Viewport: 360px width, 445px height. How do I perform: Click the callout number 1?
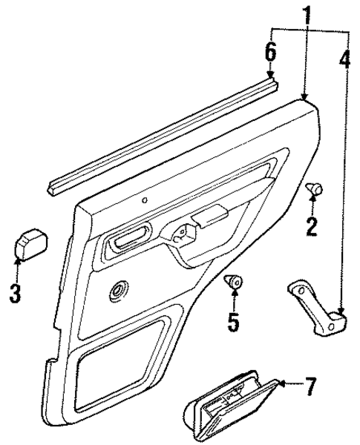coord(305,13)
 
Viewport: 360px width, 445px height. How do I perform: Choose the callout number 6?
coord(271,53)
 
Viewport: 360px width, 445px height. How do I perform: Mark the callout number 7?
coord(310,385)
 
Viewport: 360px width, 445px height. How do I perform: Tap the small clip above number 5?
coord(234,281)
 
